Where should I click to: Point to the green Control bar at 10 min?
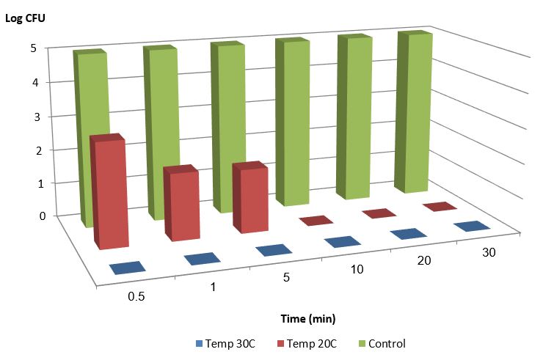tap(294, 121)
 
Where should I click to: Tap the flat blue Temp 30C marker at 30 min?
tap(473, 226)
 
